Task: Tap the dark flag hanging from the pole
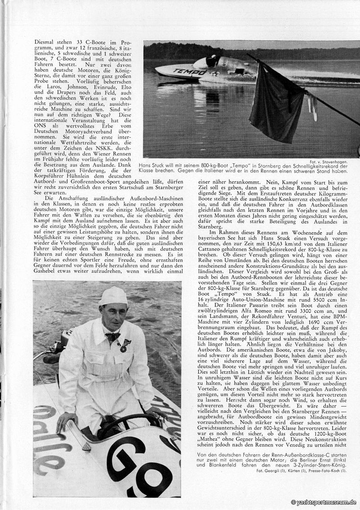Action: point(277,102)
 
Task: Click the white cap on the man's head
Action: point(113,297)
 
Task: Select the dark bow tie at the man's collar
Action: point(112,336)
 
